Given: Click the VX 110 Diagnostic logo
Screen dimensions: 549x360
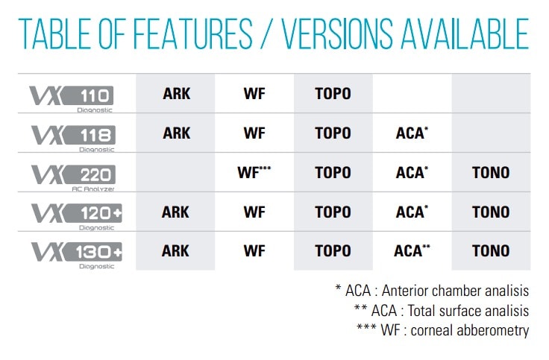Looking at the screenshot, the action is coord(72,98).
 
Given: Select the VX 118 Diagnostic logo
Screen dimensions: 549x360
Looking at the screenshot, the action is coord(73,139).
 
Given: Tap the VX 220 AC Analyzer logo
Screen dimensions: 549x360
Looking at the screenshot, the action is coord(73,177).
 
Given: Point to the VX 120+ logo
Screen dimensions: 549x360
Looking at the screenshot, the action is coord(77,217).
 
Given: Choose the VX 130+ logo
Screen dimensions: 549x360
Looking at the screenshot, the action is coord(77,256).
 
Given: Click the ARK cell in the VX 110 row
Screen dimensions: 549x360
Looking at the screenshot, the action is coord(177,94).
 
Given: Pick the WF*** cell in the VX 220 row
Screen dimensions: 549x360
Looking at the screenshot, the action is coord(254,172).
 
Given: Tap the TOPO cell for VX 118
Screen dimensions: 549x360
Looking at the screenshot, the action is coord(333,133).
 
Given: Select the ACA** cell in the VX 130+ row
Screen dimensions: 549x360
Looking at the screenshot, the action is coord(412,250).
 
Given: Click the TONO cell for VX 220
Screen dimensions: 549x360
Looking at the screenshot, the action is coord(491,172).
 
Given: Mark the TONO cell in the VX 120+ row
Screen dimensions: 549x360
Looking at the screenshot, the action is coord(491,212).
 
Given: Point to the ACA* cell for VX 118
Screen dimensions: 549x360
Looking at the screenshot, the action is coord(412,133).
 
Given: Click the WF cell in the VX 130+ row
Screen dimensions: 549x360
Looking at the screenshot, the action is coord(254,251).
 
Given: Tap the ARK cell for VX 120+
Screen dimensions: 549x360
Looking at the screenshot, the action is coord(175,212).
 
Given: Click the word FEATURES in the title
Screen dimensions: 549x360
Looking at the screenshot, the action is coord(192,34).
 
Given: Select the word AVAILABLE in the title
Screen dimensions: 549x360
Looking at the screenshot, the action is coord(465,34).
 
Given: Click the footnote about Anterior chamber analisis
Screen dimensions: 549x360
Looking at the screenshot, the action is coord(432,291).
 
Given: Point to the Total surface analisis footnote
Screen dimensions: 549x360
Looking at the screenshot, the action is coord(442,310).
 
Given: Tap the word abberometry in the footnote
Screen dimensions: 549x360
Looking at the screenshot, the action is coord(492,330).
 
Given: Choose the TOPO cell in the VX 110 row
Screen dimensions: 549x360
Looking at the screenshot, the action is coord(333,94).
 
